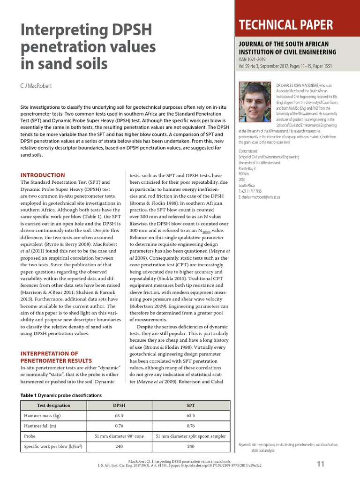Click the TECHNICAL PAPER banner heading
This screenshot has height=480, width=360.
tap(286, 25)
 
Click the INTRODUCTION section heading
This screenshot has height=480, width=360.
tap(42, 175)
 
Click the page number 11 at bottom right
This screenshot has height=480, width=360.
tap(321, 464)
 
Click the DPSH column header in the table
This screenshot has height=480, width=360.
tap(119, 405)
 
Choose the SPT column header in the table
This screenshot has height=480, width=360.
tap(191, 405)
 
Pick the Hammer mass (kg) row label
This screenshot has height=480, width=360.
tap(43, 416)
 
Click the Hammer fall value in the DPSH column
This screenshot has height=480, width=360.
tap(119, 426)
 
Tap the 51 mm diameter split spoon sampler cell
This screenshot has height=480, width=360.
tap(191, 436)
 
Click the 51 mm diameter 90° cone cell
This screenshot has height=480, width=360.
tap(119, 436)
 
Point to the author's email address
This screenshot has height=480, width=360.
tap(262, 197)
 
